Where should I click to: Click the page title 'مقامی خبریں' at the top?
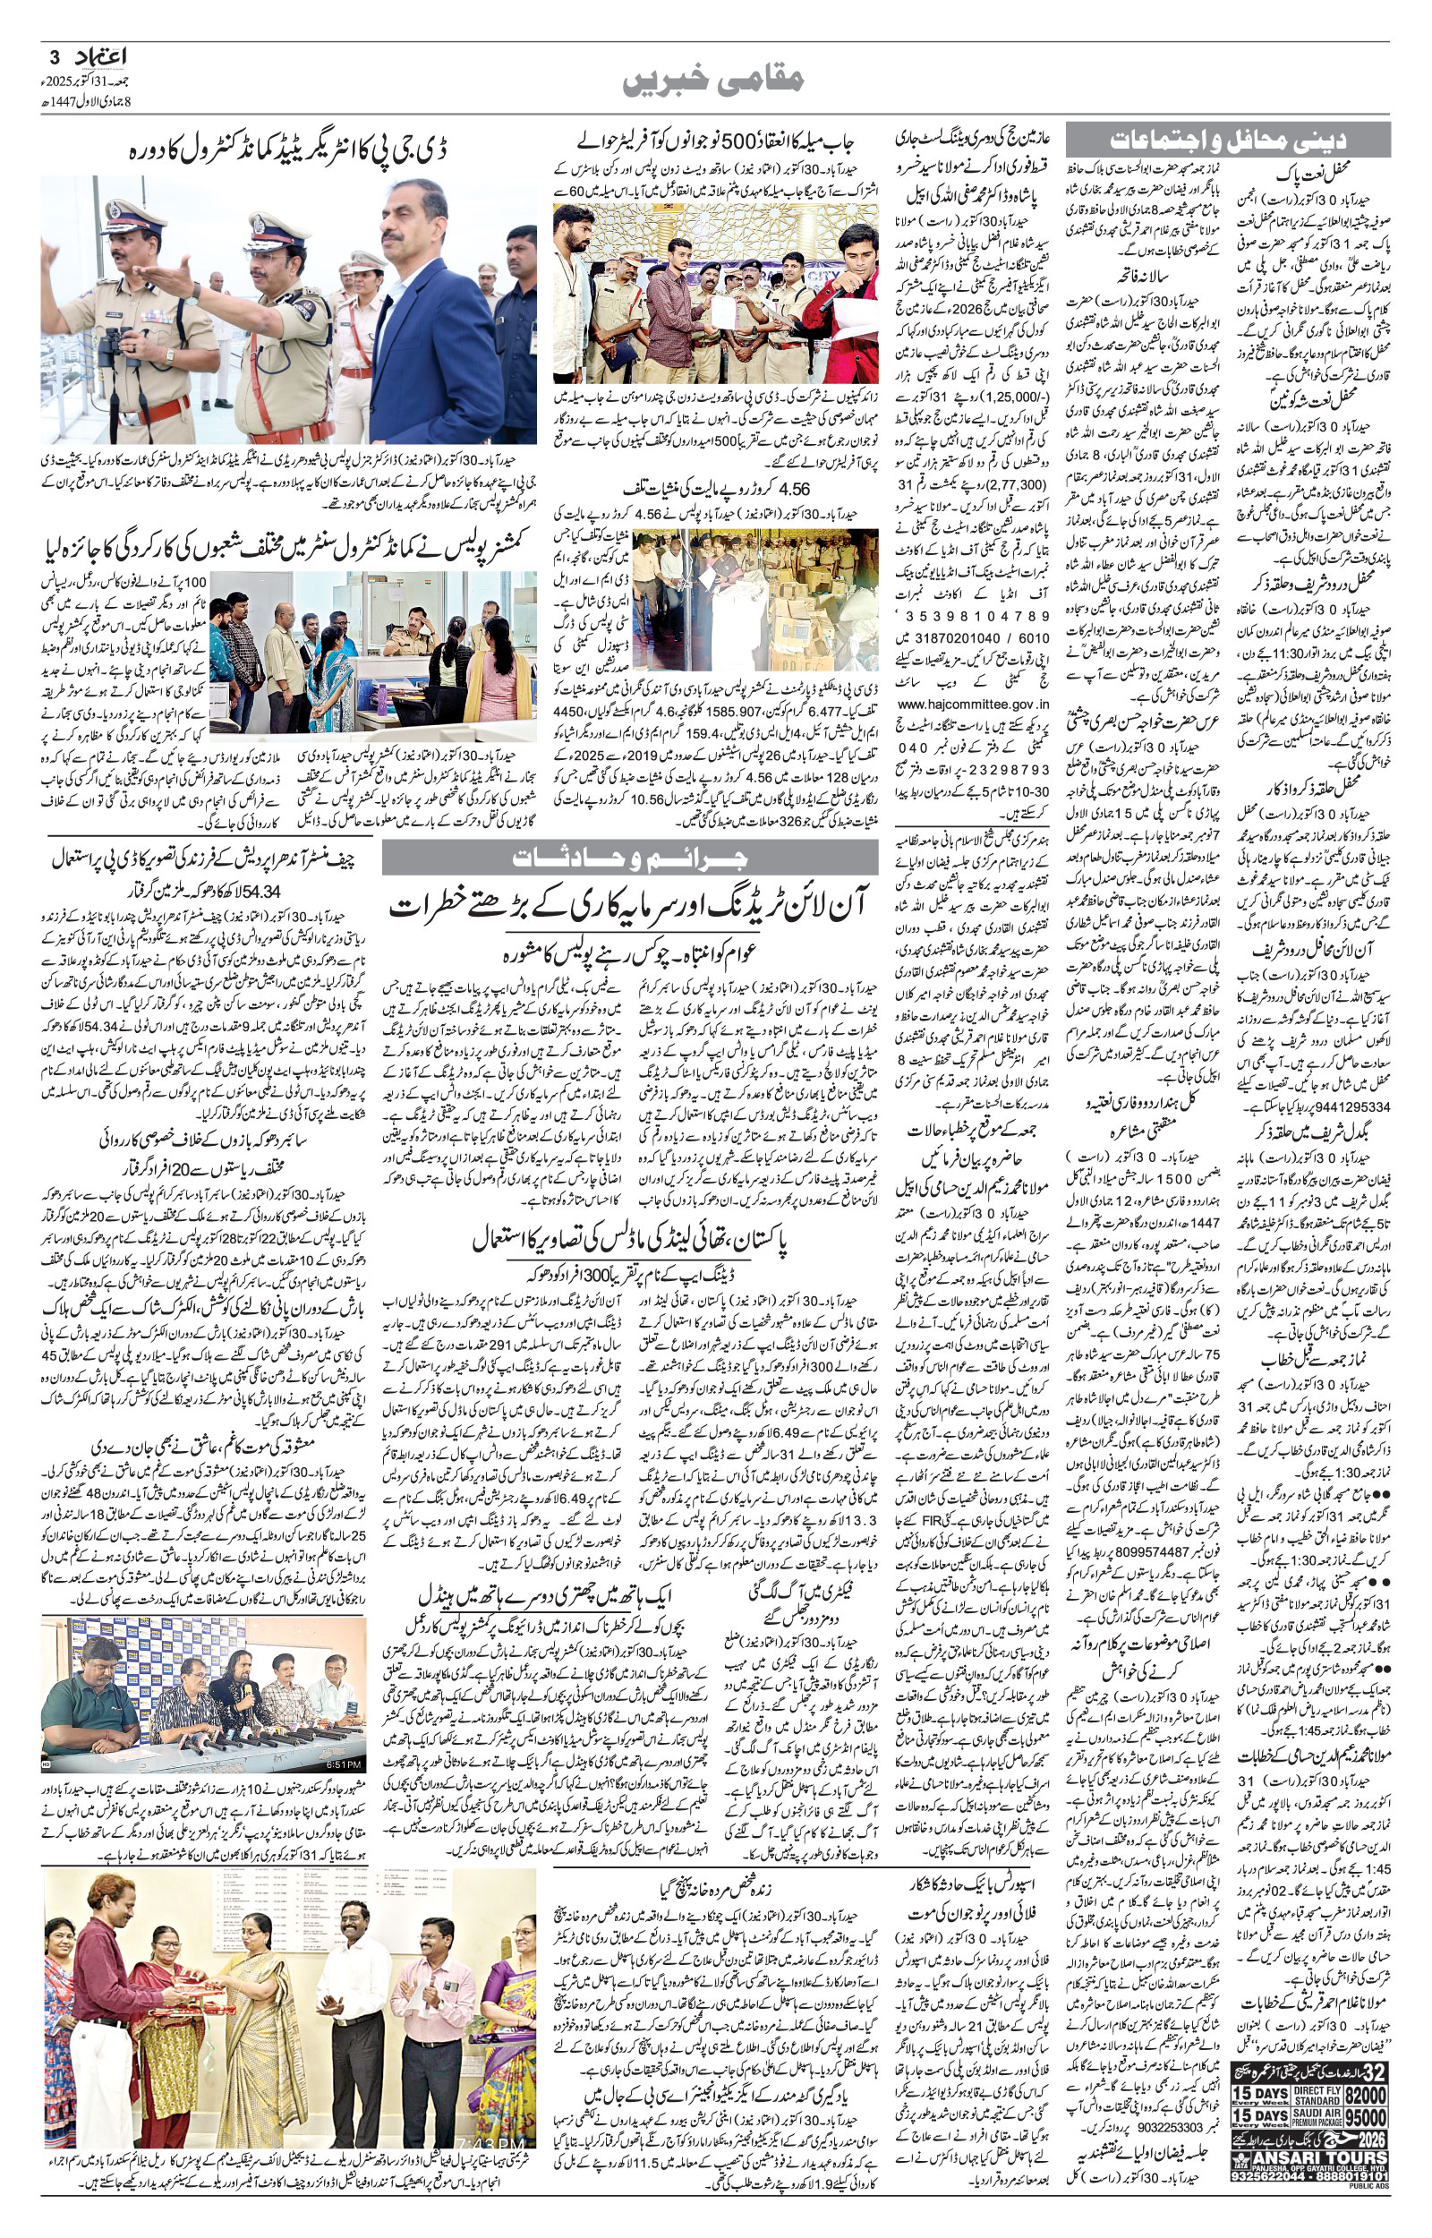point(713,80)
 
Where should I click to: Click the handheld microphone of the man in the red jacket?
point(831,296)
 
